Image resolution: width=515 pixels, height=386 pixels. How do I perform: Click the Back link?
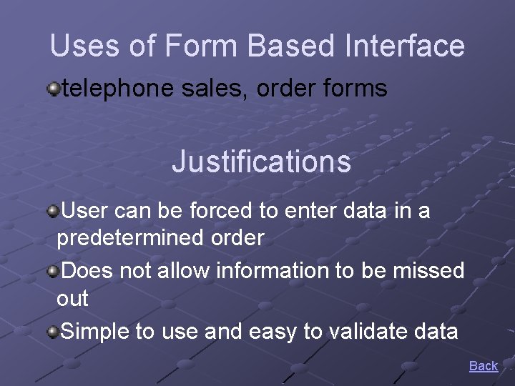[483, 366]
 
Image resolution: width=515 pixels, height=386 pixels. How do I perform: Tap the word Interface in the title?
[404, 46]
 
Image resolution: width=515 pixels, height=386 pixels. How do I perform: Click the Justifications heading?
[261, 162]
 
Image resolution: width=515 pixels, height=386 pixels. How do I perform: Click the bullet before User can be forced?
[53, 211]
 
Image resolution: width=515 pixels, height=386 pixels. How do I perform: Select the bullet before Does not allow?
[53, 271]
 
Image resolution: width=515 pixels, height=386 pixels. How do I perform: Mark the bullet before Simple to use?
[53, 332]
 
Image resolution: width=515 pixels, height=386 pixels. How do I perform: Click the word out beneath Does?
[72, 299]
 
